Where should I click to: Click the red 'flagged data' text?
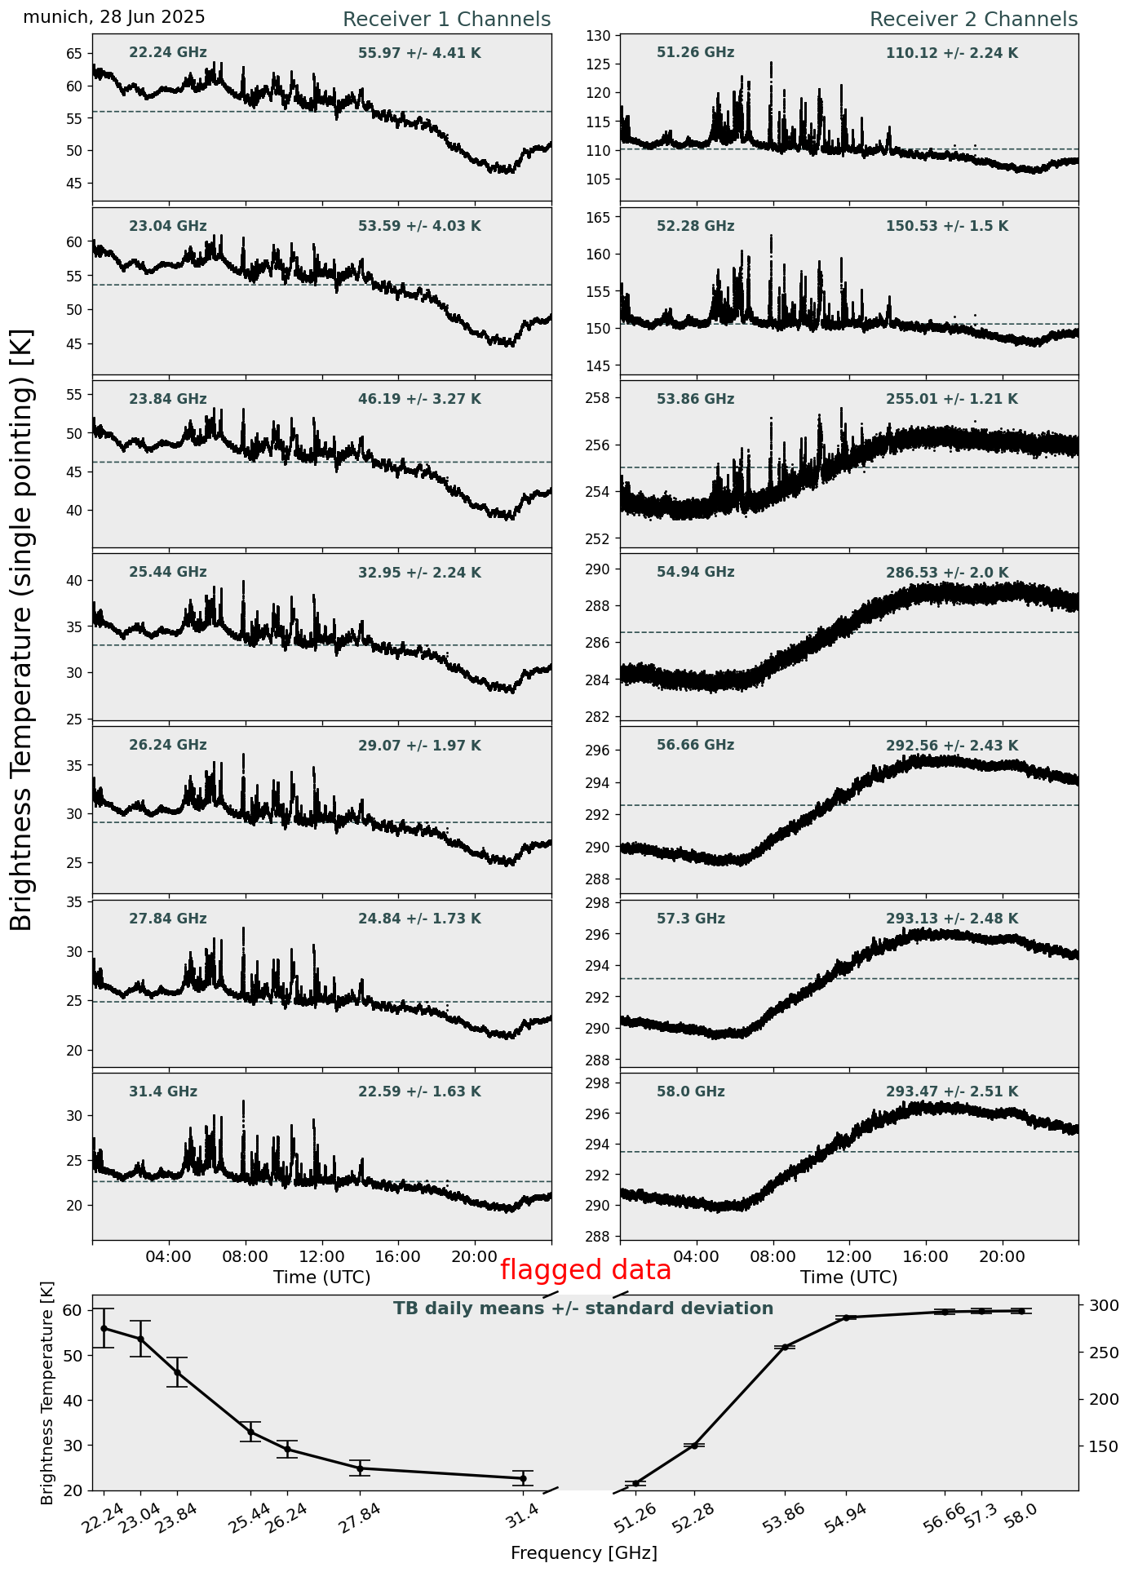586,1270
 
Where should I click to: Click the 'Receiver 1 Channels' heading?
446,20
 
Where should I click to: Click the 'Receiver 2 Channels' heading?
973,20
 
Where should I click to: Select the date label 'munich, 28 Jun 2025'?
114,17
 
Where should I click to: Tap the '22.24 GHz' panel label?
168,53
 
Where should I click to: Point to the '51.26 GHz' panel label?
695,53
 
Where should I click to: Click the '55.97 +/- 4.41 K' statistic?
419,54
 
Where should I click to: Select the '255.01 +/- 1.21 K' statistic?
952,400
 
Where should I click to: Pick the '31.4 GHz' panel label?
163,1092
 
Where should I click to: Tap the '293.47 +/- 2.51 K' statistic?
952,1092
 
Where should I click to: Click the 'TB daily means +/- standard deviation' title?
583,1309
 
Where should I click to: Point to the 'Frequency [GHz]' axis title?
584,1552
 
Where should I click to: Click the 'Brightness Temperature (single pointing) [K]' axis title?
22,630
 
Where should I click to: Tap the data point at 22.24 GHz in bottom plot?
104,1328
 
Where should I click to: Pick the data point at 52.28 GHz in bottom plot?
694,1446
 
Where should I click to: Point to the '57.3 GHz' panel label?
690,919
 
